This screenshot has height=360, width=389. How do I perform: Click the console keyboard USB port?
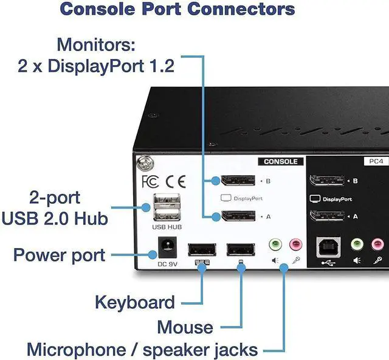pos(200,250)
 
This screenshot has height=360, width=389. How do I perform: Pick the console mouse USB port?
pos(240,250)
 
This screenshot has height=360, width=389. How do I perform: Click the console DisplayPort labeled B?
pos(238,181)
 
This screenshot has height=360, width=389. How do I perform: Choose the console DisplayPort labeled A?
pos(238,216)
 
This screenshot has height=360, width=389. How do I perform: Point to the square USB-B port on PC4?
pos(329,246)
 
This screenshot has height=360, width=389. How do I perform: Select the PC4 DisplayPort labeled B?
pos(327,181)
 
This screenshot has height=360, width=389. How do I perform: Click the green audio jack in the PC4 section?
pos(357,244)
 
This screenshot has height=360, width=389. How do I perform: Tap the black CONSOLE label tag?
pos(280,162)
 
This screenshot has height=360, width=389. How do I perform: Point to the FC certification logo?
pos(150,181)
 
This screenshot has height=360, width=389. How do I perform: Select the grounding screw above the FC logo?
pos(144,163)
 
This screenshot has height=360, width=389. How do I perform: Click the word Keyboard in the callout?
pos(134,302)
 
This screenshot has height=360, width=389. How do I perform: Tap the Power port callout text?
pos(59,254)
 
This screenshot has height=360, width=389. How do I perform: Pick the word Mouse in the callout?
pos(185,327)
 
